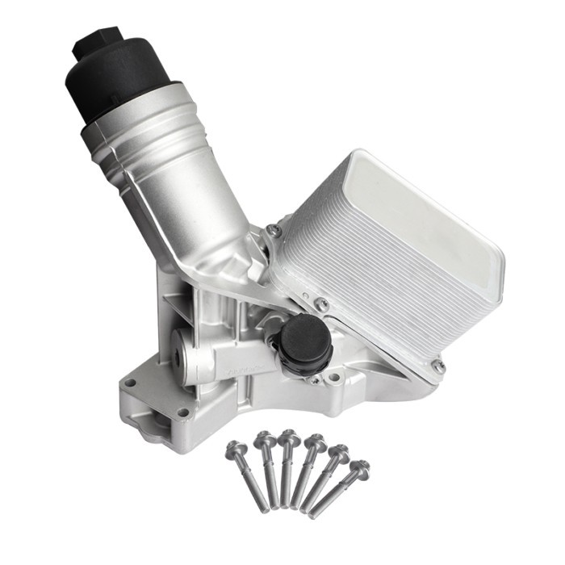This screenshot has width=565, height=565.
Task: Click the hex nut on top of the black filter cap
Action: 98,43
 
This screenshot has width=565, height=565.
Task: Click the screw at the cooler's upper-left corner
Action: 274,231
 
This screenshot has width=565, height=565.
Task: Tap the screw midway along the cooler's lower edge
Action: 322,304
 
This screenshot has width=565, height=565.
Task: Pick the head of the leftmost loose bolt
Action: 236,447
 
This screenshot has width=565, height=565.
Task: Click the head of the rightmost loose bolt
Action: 360,467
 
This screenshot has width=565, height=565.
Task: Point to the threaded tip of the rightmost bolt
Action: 314,515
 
